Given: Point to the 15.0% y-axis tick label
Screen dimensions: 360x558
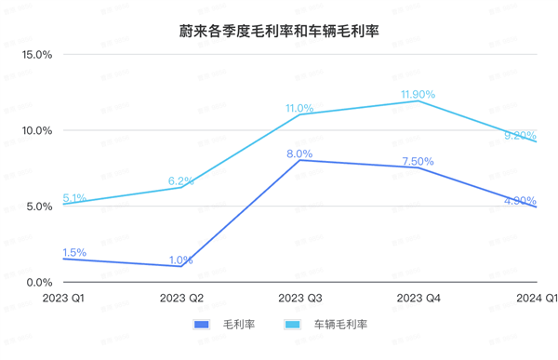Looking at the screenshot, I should (36, 54).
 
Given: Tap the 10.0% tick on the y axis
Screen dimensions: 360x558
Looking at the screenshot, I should (36, 130).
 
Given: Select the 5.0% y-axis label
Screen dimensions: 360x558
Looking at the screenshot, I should (39, 206).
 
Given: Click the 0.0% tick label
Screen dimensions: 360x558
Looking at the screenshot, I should (39, 282).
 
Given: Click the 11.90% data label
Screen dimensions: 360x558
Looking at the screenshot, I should (418, 95).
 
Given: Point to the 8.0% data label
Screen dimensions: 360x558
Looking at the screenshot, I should (299, 153).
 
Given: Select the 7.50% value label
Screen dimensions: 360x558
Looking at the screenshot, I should (418, 162).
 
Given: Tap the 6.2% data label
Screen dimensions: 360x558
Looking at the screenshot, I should (180, 181).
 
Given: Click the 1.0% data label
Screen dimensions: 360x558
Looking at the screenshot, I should (180, 260).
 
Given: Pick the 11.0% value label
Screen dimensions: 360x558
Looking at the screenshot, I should (299, 109).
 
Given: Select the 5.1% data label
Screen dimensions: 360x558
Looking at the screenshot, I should (74, 198).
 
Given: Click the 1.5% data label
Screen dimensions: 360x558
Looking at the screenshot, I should (74, 252).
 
